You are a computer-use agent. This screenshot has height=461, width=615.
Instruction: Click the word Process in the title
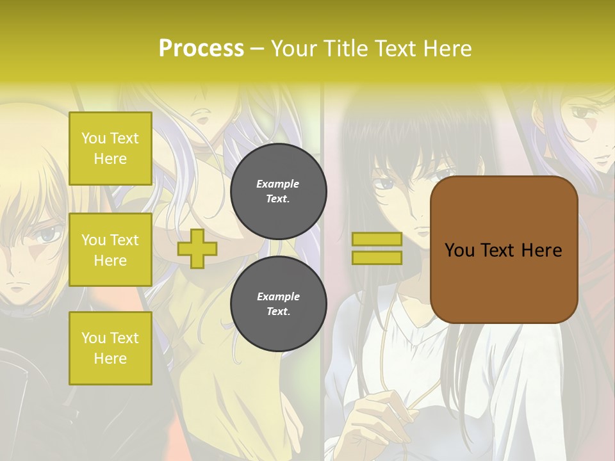(x=201, y=49)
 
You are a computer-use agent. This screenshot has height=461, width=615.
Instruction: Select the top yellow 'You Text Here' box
(x=110, y=149)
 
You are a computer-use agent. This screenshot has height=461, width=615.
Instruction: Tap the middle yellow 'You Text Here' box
(x=110, y=250)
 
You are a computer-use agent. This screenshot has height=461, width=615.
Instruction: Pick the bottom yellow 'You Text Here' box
(x=110, y=348)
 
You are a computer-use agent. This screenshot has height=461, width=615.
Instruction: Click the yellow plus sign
(x=197, y=248)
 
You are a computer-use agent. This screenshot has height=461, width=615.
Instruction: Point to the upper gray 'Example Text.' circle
(x=278, y=191)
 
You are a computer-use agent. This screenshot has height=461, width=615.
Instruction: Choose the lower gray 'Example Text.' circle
(x=278, y=304)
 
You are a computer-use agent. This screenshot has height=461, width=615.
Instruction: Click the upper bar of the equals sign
(x=377, y=239)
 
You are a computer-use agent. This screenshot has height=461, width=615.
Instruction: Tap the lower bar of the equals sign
(x=377, y=257)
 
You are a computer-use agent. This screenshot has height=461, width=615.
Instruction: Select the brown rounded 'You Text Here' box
(x=504, y=250)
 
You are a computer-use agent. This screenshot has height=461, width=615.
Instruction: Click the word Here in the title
(x=446, y=49)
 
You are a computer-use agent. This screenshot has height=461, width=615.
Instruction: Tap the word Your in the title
(x=293, y=49)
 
